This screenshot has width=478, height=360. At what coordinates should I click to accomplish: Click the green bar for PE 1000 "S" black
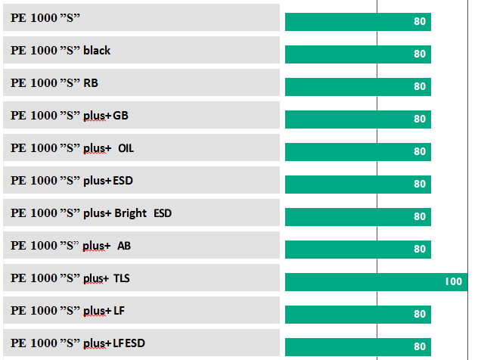(x=357, y=54)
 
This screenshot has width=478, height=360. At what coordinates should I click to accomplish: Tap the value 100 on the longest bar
(x=453, y=281)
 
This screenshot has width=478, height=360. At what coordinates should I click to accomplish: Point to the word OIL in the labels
(x=126, y=148)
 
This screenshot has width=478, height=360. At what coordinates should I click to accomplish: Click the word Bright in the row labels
(x=131, y=213)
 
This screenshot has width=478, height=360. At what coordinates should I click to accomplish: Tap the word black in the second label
(x=97, y=51)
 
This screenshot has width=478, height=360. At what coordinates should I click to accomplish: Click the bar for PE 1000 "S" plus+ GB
(x=357, y=119)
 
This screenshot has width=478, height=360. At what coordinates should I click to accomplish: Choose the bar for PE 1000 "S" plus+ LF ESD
(x=357, y=346)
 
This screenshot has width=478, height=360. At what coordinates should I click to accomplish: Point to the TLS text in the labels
(x=122, y=278)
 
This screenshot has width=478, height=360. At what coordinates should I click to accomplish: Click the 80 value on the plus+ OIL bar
(x=420, y=151)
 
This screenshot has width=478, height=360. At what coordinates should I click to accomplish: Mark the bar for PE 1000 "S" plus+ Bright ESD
(x=357, y=216)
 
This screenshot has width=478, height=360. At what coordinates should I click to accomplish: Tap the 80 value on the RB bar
(x=420, y=86)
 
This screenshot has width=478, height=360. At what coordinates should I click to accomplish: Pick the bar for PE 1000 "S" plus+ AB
(x=357, y=249)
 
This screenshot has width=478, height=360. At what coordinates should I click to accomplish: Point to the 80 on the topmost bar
(x=420, y=21)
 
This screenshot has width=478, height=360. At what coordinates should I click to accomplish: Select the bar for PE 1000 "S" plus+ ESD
(x=357, y=184)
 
